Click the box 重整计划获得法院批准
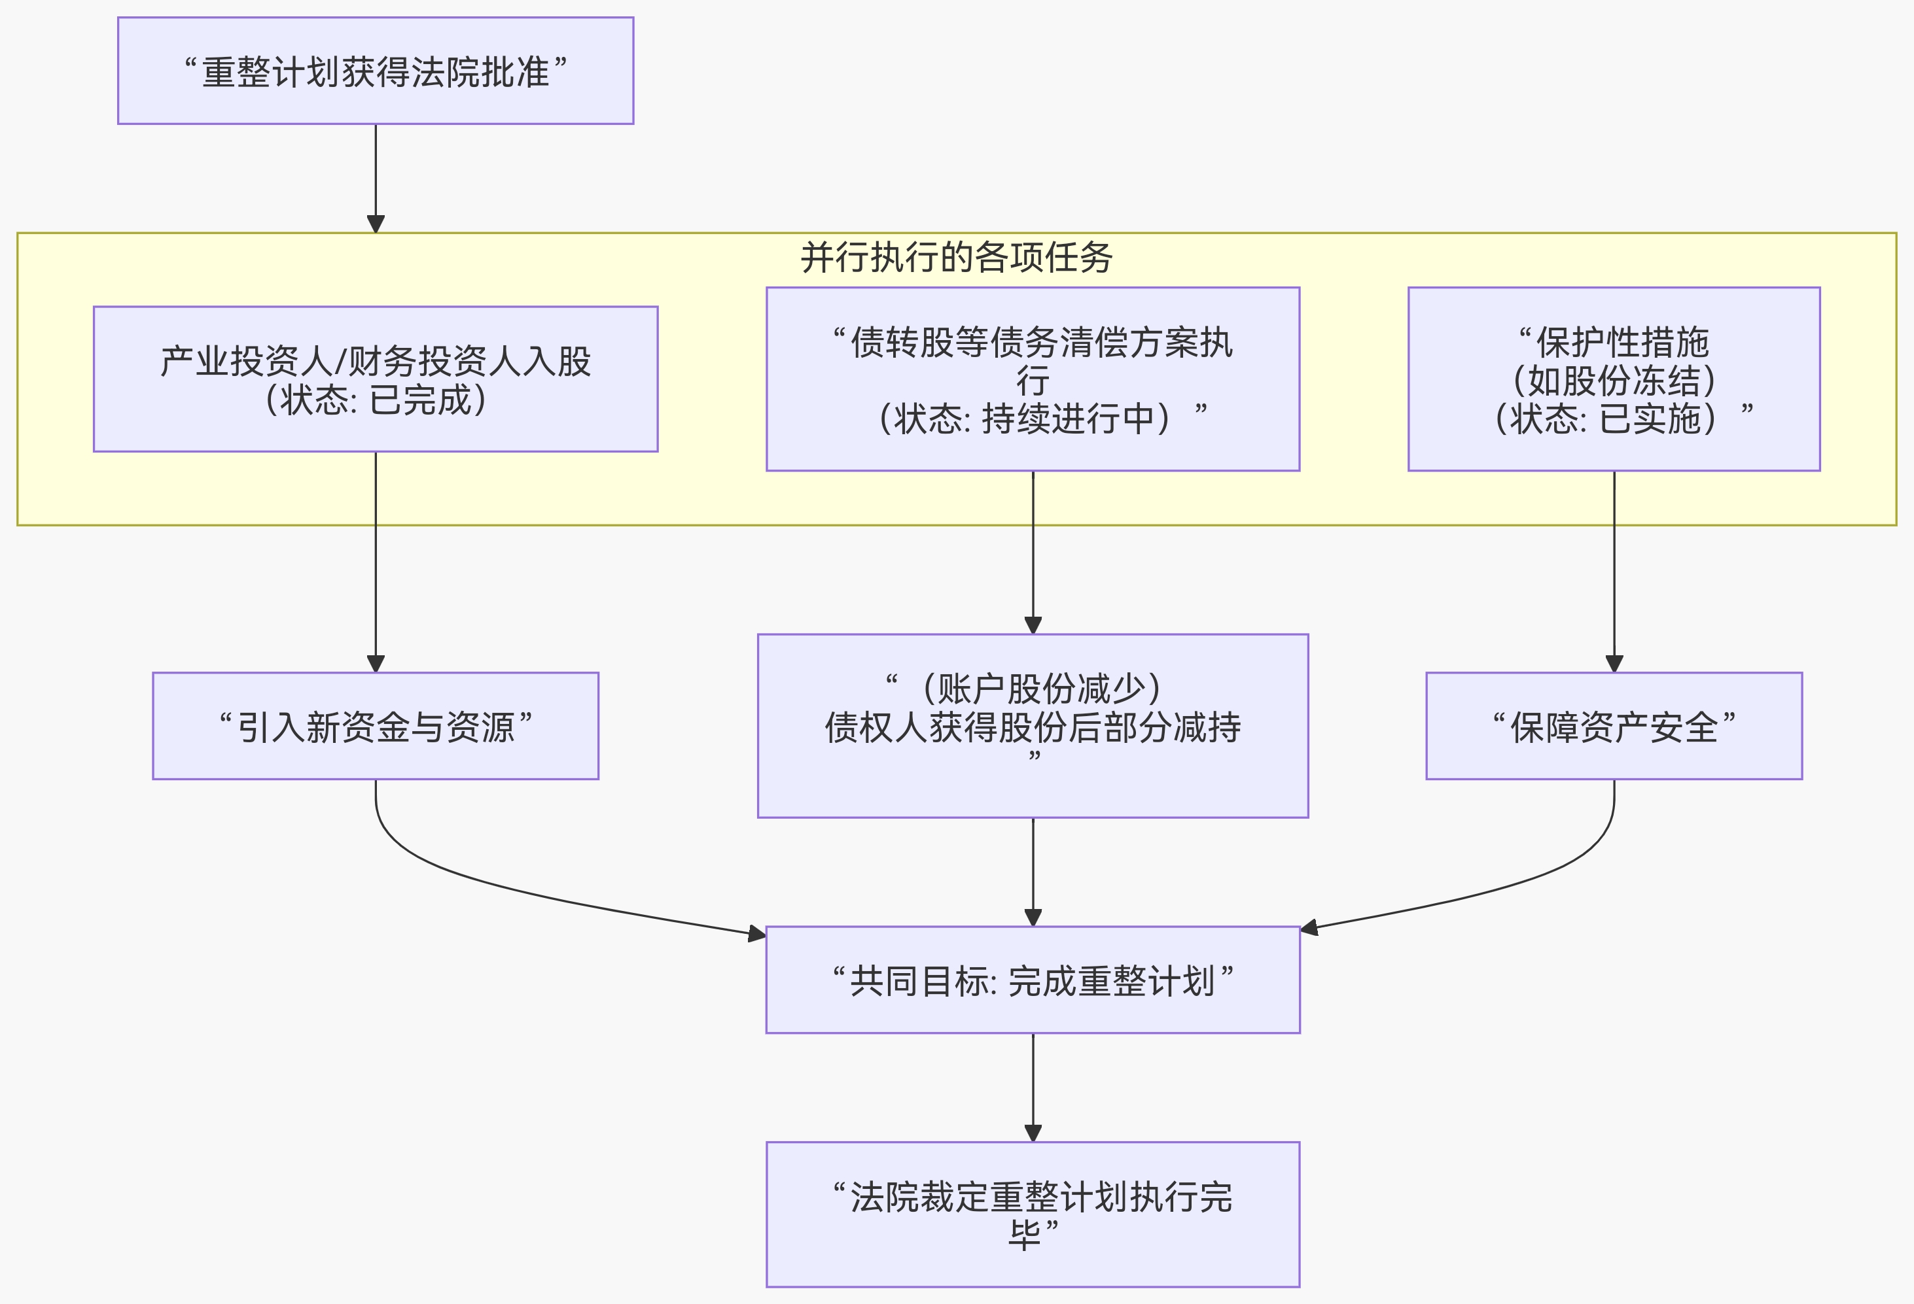click(x=376, y=72)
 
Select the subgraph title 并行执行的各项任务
click(x=956, y=258)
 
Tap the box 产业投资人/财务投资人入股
click(x=376, y=362)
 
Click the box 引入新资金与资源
click(x=376, y=726)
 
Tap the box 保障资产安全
click(x=1614, y=726)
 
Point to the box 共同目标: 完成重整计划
click(x=1033, y=980)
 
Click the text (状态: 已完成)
click(x=376, y=401)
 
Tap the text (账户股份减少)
click(x=1041, y=688)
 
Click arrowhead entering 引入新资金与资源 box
click(x=376, y=664)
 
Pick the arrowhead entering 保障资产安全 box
click(x=1614, y=664)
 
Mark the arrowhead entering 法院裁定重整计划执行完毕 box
click(x=1033, y=1133)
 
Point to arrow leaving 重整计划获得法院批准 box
click(x=376, y=173)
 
